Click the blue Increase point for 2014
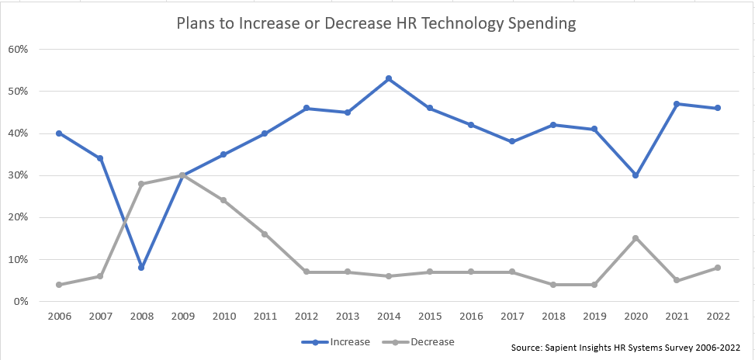[x=389, y=78]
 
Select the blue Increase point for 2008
[x=141, y=267]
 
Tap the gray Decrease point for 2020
[x=636, y=238]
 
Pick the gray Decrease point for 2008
[x=141, y=184]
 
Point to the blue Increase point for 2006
[x=59, y=133]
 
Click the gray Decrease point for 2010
[x=223, y=200]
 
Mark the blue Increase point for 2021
[x=677, y=104]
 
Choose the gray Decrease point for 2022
[x=718, y=268]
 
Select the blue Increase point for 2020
[x=636, y=175]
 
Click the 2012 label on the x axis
[x=307, y=317]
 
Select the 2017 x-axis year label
[x=512, y=317]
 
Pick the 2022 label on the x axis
[x=718, y=317]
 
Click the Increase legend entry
[x=336, y=342]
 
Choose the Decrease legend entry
[x=418, y=342]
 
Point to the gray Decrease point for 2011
[x=265, y=234]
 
